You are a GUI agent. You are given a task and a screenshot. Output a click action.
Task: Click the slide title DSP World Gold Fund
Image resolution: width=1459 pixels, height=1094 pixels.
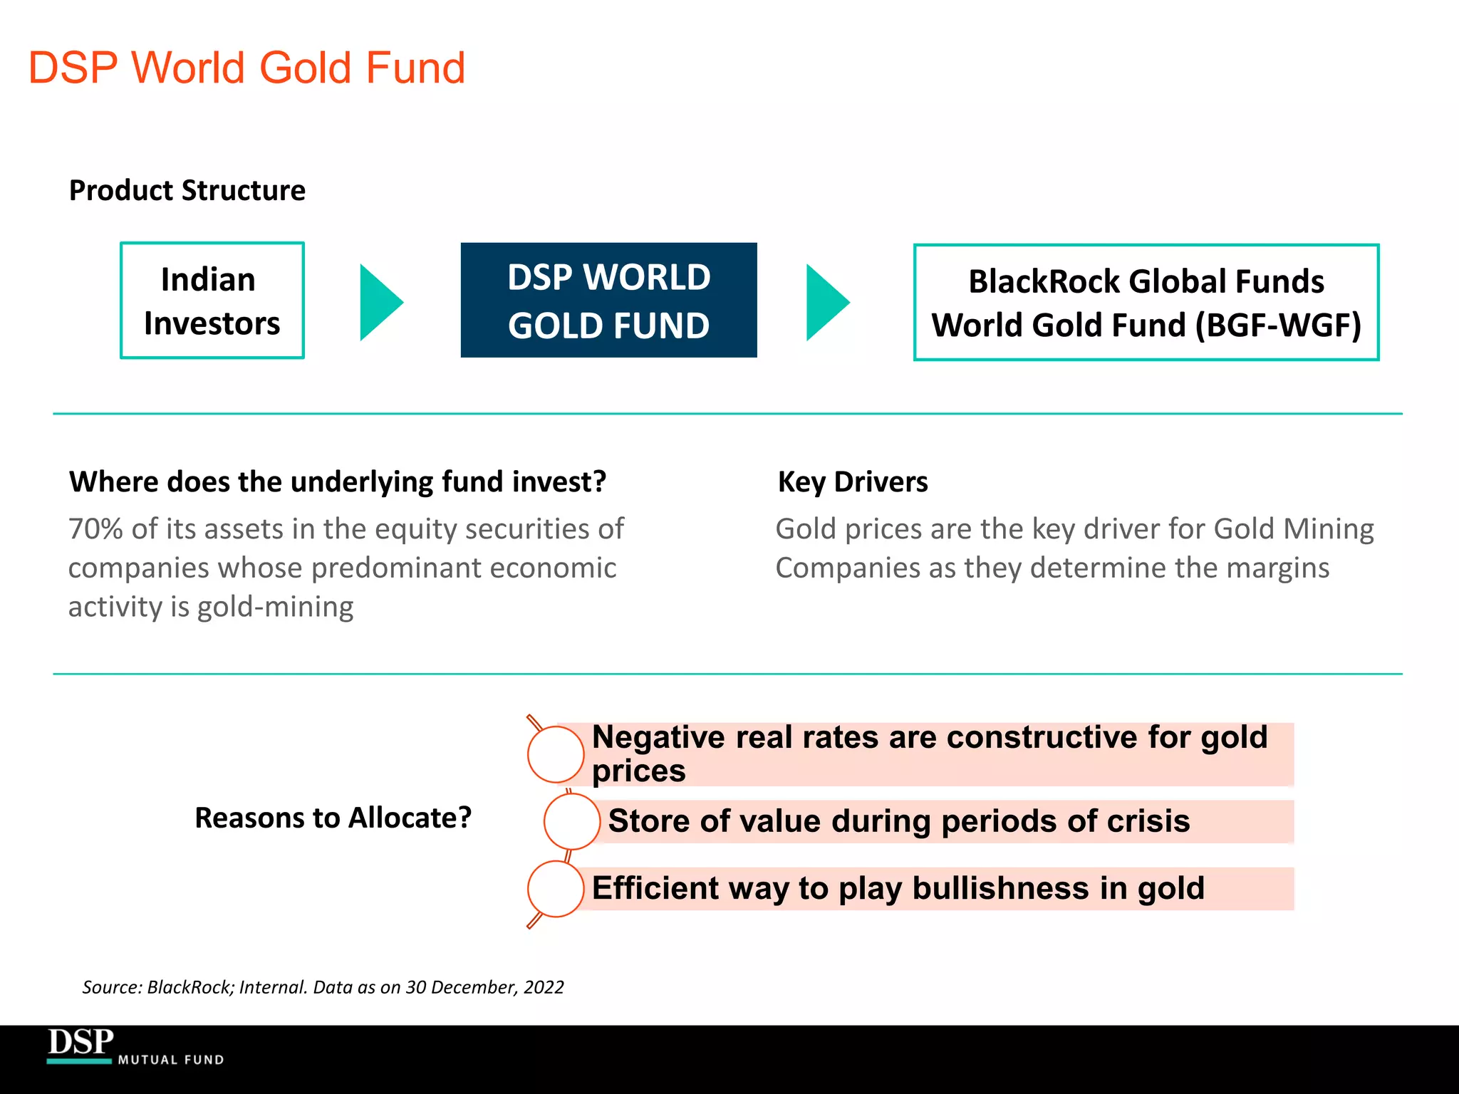pos(246,68)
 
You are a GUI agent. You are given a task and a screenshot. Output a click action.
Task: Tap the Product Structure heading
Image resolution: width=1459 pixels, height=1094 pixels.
pos(187,191)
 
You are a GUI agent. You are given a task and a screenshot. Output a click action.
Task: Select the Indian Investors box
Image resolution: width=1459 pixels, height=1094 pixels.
pos(212,301)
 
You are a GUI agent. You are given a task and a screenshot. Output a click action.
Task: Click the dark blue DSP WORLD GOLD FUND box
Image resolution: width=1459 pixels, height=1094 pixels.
pos(608,301)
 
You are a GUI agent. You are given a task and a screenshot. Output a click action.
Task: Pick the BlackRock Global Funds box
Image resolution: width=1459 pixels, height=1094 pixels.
pos(1146,303)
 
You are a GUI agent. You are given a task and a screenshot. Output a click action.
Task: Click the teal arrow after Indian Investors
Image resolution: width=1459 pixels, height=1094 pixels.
pos(380,303)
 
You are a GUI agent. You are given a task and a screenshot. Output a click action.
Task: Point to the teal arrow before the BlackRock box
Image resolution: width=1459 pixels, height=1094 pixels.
pos(826,303)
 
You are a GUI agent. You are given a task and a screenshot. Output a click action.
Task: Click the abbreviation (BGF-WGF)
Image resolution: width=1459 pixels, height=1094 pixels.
pos(1278,325)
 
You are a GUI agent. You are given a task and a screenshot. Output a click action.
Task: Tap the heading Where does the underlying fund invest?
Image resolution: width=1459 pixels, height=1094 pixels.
pos(337,482)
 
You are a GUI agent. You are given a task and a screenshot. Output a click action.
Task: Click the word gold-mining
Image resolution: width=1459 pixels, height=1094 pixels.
pos(275,607)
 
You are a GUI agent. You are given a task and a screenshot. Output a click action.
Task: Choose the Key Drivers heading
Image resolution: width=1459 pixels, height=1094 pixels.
pos(852,482)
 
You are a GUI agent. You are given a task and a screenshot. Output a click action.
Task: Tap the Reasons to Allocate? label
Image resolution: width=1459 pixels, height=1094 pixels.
pos(333,818)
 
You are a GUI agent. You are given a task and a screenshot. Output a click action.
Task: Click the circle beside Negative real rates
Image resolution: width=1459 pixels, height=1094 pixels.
pos(556,754)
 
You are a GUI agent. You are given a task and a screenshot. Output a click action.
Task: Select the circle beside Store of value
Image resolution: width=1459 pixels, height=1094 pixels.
pos(571,821)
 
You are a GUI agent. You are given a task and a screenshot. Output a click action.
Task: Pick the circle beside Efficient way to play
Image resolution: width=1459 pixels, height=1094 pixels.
pos(556,889)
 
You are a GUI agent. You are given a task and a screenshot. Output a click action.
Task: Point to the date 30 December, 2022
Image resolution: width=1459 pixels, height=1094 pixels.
pos(484,987)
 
